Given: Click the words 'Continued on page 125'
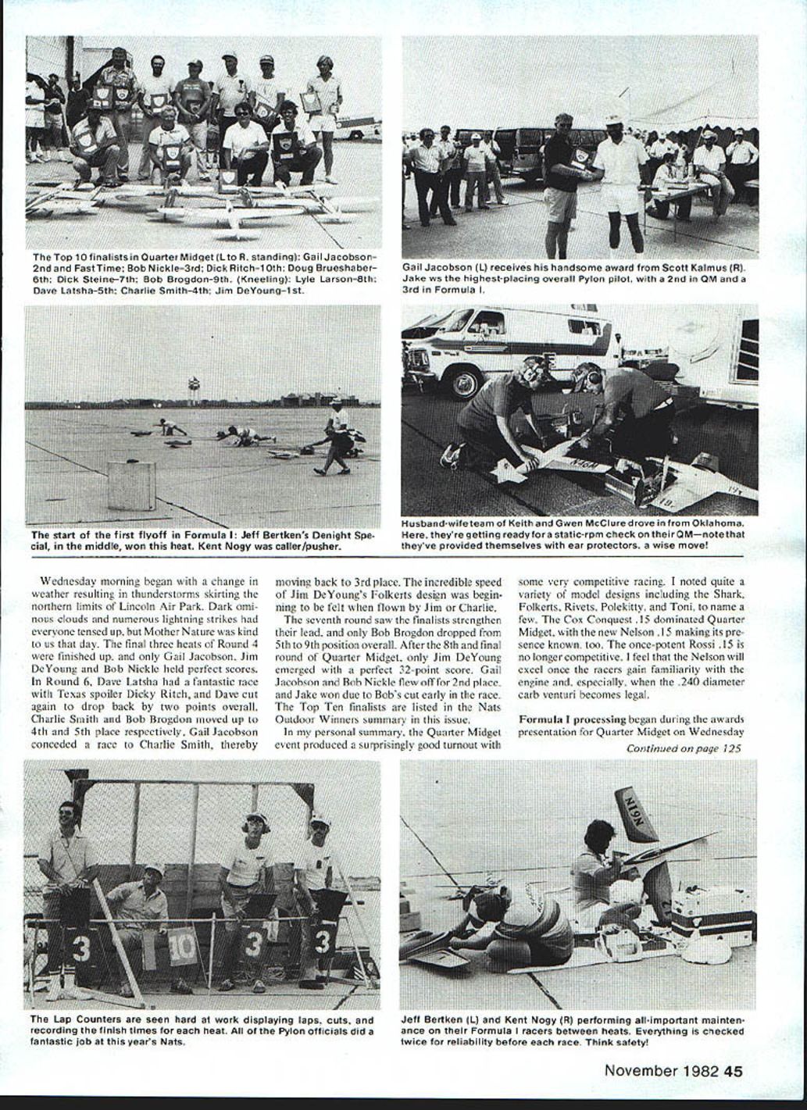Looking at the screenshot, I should [684, 748].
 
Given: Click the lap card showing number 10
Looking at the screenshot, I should [181, 946].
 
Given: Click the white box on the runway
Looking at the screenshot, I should [131, 485].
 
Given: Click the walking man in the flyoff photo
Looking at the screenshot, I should [336, 437].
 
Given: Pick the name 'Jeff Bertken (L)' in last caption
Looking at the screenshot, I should [442, 1019].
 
